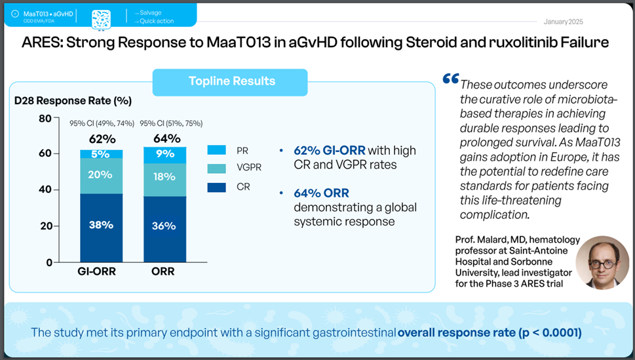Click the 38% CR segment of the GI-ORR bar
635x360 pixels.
click(102, 224)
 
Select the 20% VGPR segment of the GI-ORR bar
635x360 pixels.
click(102, 175)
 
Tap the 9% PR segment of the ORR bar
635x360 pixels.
click(164, 154)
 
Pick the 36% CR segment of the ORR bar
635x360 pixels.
click(164, 226)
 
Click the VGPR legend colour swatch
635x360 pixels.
click(216, 168)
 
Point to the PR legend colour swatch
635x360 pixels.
click(216, 150)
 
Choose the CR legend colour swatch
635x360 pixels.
click(216, 187)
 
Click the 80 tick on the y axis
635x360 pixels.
click(45, 119)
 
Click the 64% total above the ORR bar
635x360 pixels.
click(167, 139)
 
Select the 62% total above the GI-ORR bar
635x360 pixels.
click(102, 139)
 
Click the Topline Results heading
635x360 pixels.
click(231, 82)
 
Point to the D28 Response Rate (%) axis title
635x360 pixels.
click(73, 101)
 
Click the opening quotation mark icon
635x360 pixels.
click(451, 79)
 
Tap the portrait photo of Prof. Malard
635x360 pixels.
click(602, 262)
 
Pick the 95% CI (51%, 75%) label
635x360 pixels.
click(171, 123)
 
